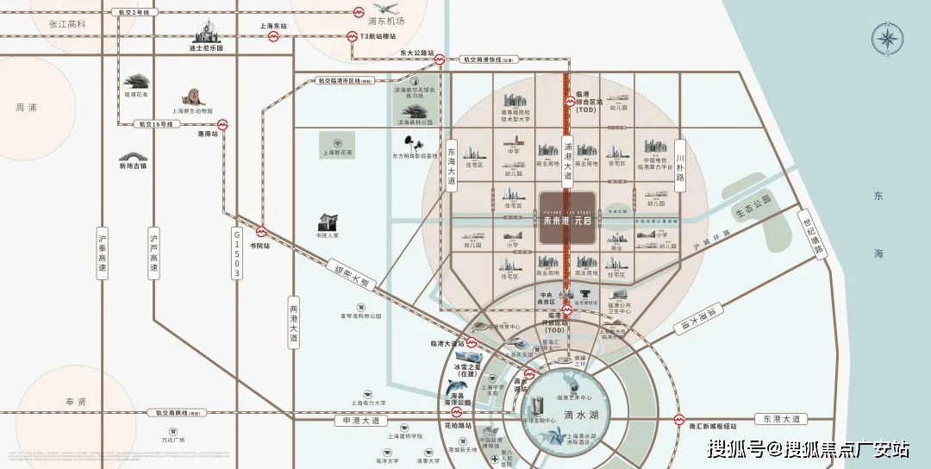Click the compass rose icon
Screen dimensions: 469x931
point(886,40)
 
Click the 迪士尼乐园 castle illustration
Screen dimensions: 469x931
point(206,34)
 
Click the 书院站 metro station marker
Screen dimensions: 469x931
point(260,231)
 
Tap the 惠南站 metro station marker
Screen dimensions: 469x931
point(222,124)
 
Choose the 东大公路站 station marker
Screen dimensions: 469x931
point(440,60)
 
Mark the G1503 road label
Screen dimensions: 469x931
point(236,253)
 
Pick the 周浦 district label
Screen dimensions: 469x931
point(27,108)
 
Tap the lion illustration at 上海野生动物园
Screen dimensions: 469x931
point(191,97)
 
